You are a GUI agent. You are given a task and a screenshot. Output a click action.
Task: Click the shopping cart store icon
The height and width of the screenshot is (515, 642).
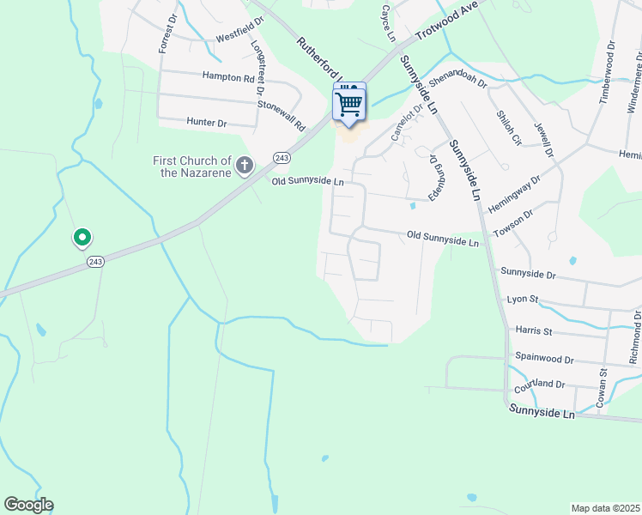coord(349,104)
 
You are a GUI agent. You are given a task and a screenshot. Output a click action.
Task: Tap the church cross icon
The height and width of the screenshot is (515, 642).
coord(245,164)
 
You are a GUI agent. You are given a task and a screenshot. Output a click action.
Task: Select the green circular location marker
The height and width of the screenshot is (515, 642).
coord(82,237)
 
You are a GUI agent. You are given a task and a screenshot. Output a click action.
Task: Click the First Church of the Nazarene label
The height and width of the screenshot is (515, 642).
coord(192,167)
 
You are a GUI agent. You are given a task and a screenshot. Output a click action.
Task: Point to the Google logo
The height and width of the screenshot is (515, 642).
coord(28,505)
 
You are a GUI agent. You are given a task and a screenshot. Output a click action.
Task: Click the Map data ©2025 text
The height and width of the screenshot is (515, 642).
coord(606,507)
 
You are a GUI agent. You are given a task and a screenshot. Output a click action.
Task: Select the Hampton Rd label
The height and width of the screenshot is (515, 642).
coord(228,77)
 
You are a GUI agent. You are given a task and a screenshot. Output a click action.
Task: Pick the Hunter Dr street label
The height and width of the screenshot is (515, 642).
coord(207,124)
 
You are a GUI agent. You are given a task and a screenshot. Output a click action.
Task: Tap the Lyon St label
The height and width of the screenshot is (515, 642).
coord(522,299)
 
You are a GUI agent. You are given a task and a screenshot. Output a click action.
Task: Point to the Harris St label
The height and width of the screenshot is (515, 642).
coord(533,330)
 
